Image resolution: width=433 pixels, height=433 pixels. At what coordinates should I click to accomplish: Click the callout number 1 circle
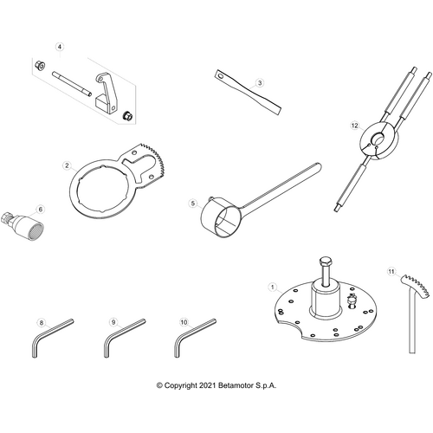coord(272,287)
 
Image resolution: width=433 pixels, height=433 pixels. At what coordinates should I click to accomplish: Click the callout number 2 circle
coord(67,163)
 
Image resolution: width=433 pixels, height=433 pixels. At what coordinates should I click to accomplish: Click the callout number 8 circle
coord(40,322)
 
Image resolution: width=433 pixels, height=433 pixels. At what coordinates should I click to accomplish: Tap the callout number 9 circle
coord(113,322)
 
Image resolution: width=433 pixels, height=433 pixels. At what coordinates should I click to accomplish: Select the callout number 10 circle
coord(183,322)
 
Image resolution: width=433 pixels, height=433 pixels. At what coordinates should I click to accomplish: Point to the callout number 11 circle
coord(391,272)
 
